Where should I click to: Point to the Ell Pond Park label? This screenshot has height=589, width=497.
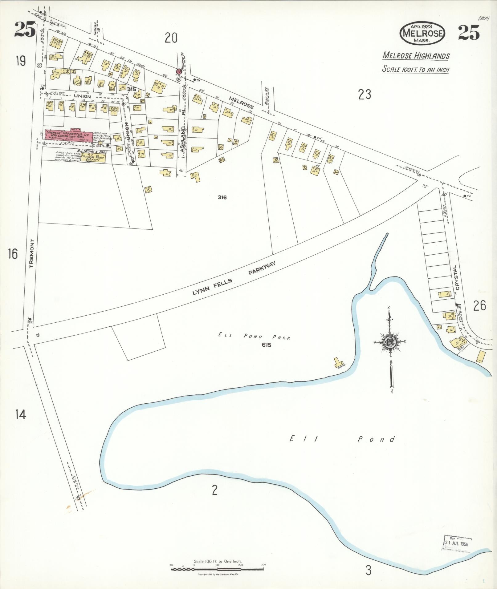254,337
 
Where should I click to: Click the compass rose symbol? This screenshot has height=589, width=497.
390,341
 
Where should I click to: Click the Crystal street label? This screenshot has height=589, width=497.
456,277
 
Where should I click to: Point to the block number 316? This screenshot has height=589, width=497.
222,197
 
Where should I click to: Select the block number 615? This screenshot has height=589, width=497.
266,345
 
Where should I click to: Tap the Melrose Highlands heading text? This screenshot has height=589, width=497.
416,56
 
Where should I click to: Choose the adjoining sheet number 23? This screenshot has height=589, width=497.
365,95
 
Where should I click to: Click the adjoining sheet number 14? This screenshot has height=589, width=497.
21,414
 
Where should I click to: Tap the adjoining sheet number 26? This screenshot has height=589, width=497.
480,306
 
